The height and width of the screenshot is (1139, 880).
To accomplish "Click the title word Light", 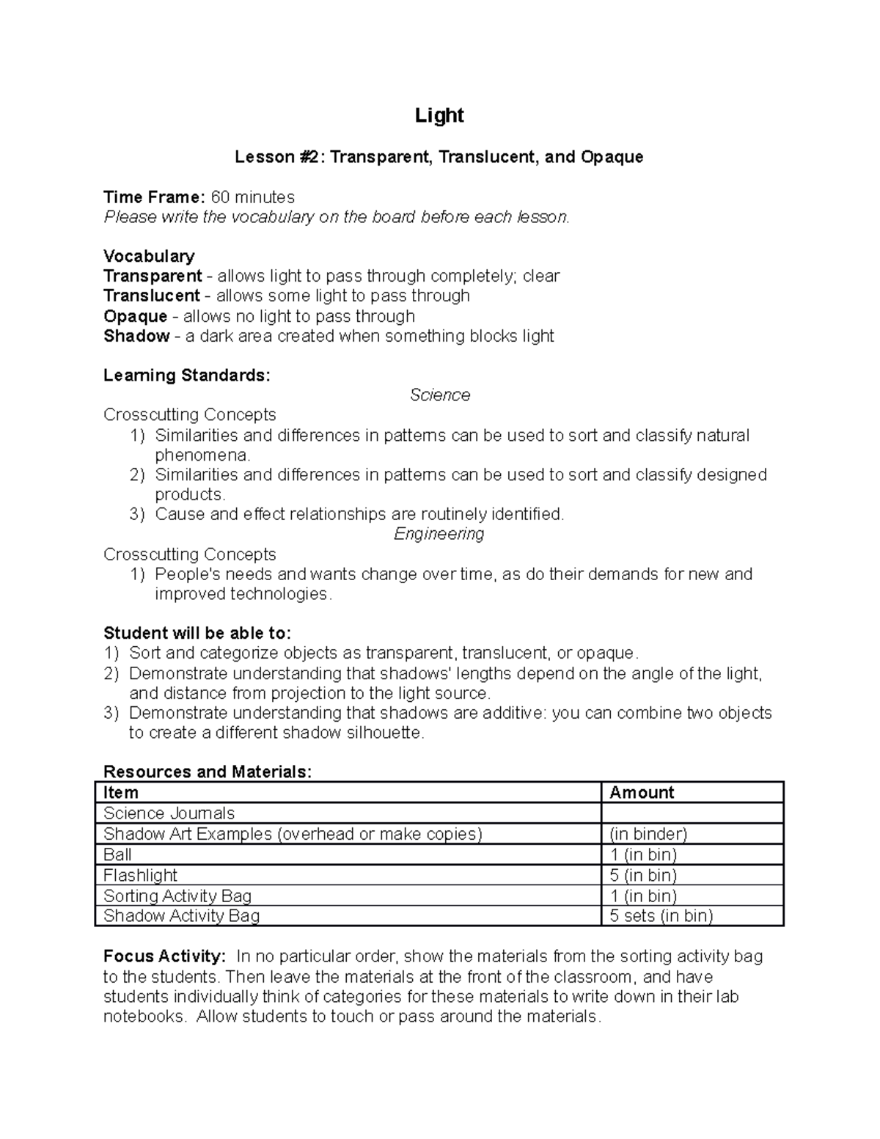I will [439, 116].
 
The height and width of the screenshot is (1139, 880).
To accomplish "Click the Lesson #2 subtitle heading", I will [439, 157].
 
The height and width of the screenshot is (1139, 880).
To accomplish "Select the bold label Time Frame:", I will [154, 197].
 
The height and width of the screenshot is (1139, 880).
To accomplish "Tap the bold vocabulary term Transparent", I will [153, 276].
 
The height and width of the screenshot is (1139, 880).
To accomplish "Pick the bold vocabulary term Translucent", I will [152, 296].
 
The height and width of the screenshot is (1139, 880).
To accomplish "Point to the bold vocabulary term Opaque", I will [136, 316].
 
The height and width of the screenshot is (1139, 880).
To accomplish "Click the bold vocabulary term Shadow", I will [136, 336].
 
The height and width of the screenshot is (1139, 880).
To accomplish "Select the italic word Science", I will [439, 395].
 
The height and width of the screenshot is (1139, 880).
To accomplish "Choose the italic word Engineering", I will [439, 534].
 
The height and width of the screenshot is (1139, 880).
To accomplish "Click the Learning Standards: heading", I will [187, 376].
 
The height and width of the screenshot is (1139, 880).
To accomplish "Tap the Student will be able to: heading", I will [197, 633].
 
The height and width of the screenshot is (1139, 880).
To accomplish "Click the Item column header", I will [121, 793].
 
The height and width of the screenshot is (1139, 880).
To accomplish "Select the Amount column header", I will [642, 793].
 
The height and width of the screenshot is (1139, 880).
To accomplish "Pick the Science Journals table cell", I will [169, 813].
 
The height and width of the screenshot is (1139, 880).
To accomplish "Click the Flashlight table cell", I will [141, 875].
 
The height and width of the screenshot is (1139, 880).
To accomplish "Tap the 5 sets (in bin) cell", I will [661, 915].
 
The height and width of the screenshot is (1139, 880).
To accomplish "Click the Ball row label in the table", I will [118, 854].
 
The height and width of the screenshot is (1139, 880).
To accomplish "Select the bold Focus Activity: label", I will [164, 956].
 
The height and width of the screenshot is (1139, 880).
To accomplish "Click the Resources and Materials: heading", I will [208, 772].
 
